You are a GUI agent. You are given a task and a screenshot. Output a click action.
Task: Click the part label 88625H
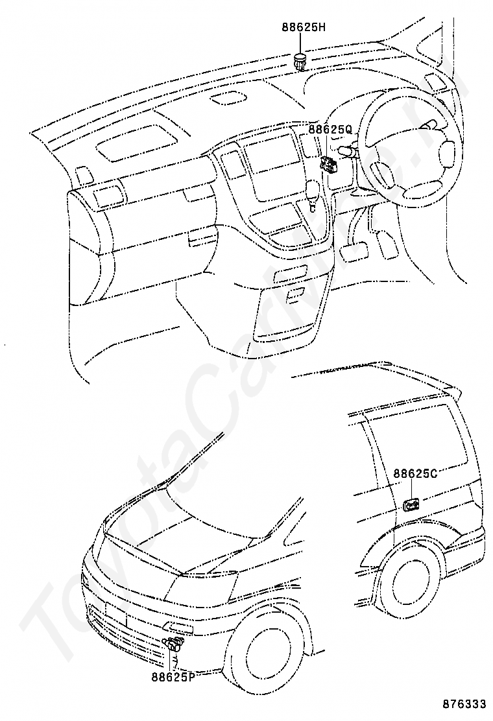click(304, 27)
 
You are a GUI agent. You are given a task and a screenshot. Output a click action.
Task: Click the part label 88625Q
click(330, 130)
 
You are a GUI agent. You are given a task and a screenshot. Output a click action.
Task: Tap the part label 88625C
click(415, 473)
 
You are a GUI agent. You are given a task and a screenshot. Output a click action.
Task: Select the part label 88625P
click(174, 677)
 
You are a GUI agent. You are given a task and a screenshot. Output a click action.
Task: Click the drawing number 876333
click(464, 704)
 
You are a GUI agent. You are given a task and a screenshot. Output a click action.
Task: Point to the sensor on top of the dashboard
click(300, 62)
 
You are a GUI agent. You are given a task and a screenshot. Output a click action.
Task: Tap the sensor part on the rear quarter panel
click(411, 505)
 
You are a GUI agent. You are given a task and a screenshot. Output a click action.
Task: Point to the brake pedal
click(354, 250)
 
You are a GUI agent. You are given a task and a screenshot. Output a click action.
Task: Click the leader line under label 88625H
click(301, 43)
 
